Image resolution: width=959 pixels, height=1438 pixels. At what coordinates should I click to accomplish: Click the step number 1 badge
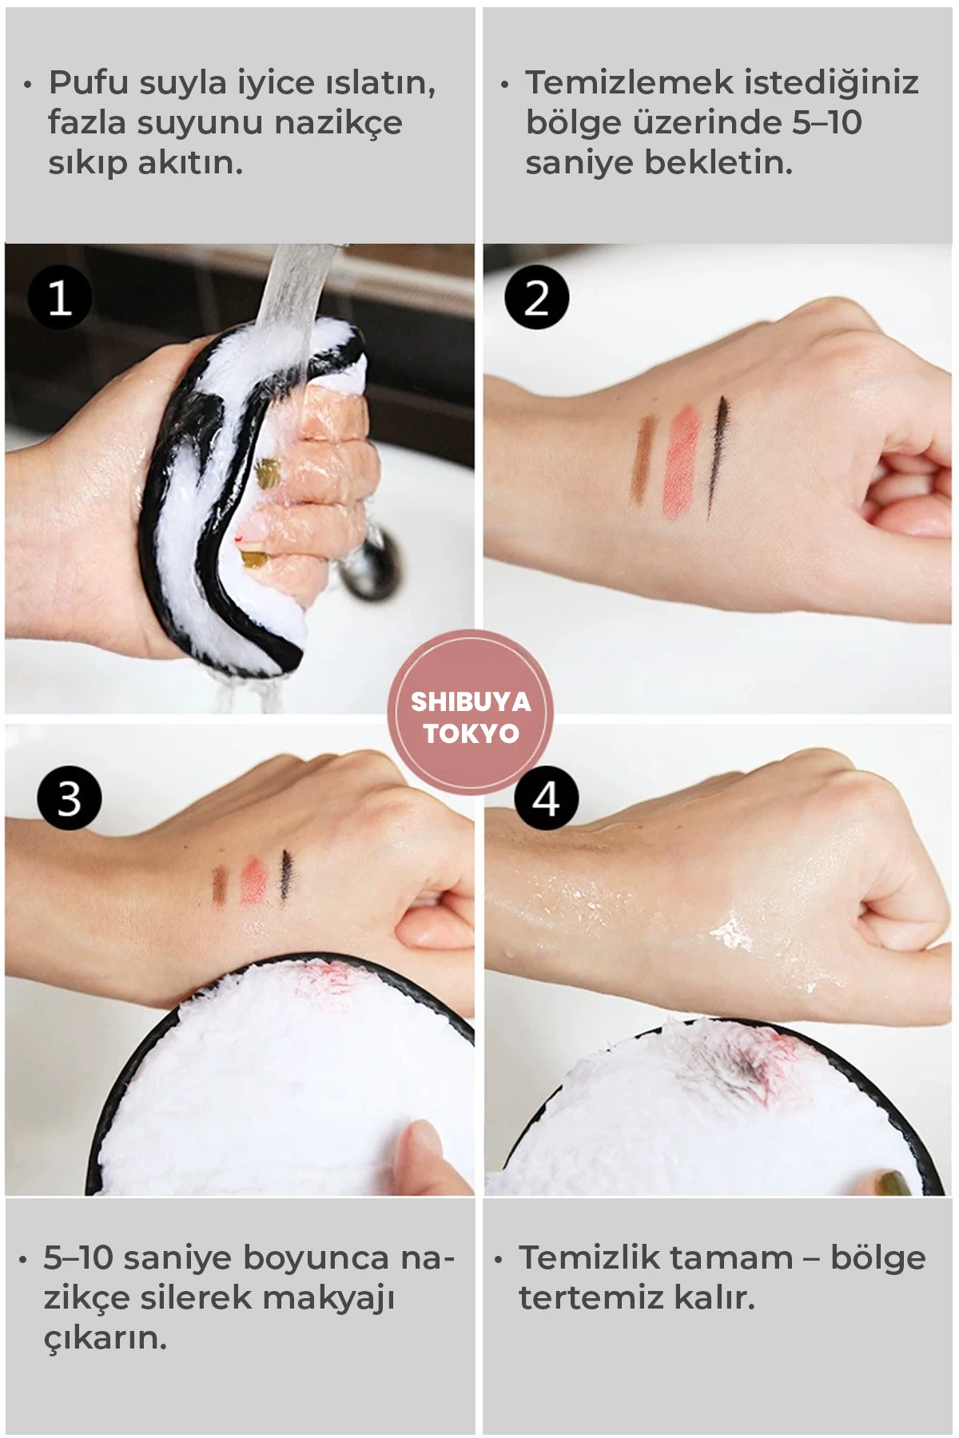[60, 298]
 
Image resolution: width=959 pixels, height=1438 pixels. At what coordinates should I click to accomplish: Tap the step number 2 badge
[536, 298]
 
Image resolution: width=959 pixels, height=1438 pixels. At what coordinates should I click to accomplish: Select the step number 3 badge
[70, 797]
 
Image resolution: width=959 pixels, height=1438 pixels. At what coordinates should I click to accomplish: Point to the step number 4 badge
[547, 797]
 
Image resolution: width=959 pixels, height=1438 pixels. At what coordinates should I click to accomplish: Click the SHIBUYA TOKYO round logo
[471, 711]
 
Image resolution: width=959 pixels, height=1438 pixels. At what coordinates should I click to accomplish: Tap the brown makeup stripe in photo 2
[644, 459]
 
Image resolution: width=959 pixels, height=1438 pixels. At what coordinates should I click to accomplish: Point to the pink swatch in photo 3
[254, 880]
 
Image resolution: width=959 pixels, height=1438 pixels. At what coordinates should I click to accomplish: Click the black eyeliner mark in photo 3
[285, 877]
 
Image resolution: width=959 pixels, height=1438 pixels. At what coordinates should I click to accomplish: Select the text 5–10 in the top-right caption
[827, 122]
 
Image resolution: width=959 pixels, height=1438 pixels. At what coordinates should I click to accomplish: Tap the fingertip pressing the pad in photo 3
[420, 1150]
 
